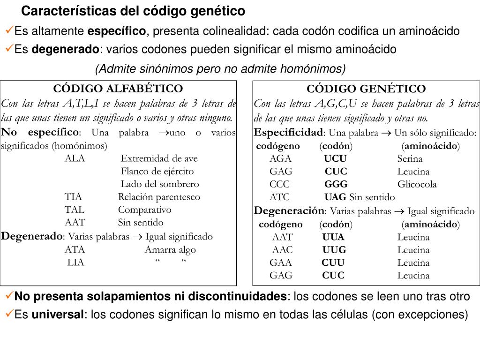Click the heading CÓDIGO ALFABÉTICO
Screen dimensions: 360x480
click(x=118, y=89)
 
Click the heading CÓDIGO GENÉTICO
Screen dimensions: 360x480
click(x=366, y=89)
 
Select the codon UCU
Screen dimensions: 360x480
click(x=335, y=158)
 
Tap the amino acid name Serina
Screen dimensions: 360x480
click(x=410, y=158)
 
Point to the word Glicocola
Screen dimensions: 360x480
click(x=417, y=184)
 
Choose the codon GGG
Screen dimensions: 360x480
click(x=336, y=184)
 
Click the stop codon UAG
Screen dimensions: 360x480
click(x=335, y=197)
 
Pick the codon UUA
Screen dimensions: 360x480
click(x=333, y=237)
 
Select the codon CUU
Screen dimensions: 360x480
click(x=333, y=262)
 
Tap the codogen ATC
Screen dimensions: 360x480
click(x=279, y=197)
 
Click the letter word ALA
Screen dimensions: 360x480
click(x=75, y=158)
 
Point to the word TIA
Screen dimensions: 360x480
click(x=74, y=197)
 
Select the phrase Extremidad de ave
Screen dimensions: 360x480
click(x=159, y=158)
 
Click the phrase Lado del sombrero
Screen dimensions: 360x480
click(x=160, y=184)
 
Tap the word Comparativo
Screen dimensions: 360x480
click(x=145, y=210)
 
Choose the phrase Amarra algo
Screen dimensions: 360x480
click(x=170, y=250)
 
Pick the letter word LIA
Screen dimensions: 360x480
click(x=76, y=262)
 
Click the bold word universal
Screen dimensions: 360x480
click(x=57, y=314)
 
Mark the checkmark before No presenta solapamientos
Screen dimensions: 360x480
click(x=9, y=296)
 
